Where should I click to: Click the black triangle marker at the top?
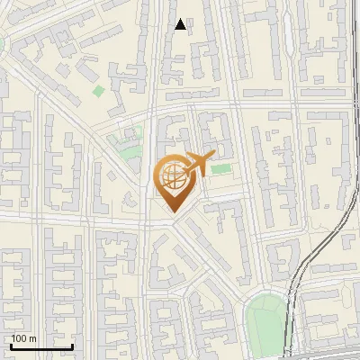[181, 24]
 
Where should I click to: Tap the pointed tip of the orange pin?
[172, 211]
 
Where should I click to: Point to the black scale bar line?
[41, 346]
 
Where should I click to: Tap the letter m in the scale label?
[32, 338]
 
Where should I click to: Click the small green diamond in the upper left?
[98, 90]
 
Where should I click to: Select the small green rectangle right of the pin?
[220, 169]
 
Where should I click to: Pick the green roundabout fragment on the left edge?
[2, 42]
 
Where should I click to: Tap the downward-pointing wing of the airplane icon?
[195, 174]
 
